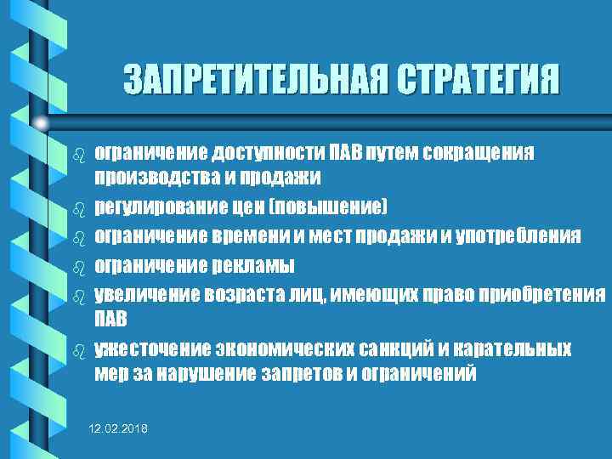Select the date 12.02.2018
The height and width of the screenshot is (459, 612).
118,432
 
